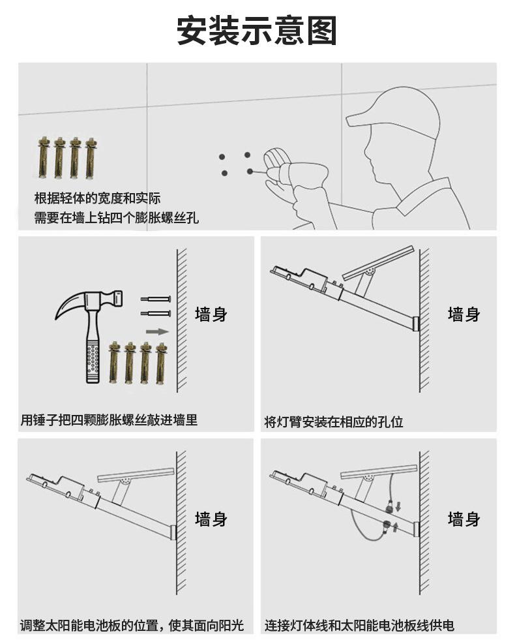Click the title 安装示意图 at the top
(257, 31)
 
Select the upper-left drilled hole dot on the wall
(222, 157)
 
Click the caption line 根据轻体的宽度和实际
(97, 198)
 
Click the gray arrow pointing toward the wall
(156, 331)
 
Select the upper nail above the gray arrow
(156, 299)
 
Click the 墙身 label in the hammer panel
(211, 314)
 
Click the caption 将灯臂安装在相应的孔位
(333, 422)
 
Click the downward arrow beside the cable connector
(399, 506)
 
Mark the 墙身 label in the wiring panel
(463, 519)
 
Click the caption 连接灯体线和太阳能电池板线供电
(359, 626)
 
